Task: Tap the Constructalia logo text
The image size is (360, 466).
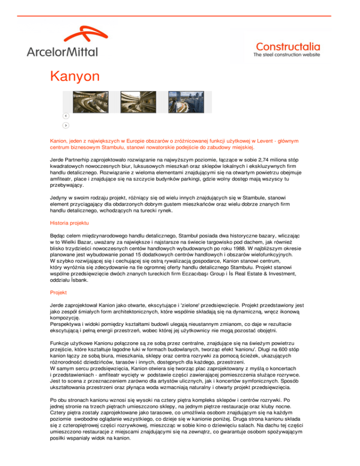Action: point(288,46)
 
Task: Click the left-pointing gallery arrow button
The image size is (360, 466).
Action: point(66,116)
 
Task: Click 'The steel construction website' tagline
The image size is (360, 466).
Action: point(287,55)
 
